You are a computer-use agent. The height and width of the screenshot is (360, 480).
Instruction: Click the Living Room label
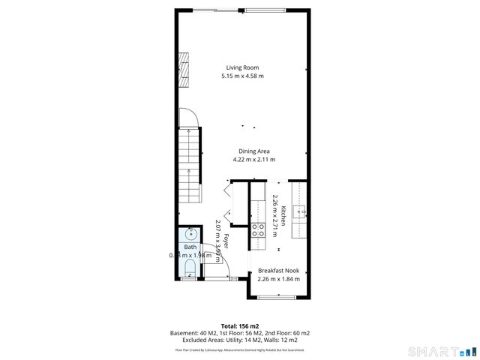coord(242,67)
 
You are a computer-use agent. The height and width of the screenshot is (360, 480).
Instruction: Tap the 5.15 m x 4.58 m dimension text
coord(242,76)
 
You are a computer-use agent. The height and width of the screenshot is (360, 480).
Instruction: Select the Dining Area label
coord(253,151)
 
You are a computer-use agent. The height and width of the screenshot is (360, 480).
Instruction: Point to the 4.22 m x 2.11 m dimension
coord(253,160)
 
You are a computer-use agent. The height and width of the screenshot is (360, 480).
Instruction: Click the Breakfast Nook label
coord(278,270)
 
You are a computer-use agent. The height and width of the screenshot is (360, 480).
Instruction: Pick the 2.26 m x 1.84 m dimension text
coord(278,279)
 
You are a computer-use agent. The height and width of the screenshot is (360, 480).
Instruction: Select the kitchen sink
coord(300,212)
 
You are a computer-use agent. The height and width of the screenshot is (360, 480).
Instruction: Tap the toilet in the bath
coord(190,269)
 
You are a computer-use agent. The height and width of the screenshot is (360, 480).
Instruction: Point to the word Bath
coord(190,247)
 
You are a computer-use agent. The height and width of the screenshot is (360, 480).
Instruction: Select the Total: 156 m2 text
coord(240,325)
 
